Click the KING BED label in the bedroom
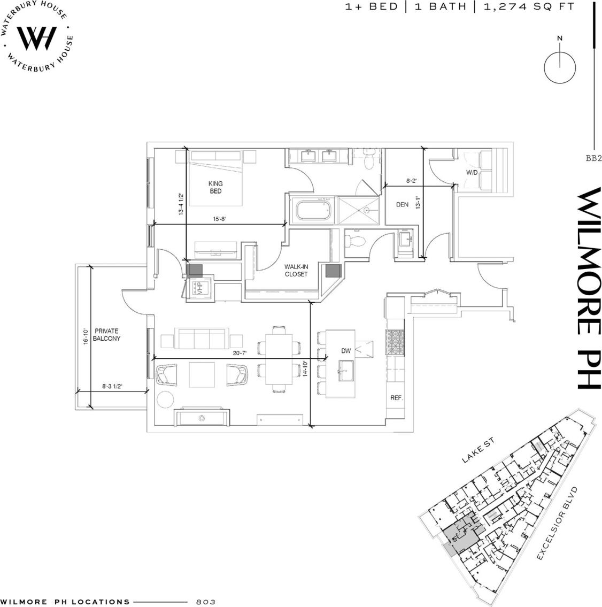pyautogui.click(x=215, y=187)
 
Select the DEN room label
pyautogui.click(x=402, y=204)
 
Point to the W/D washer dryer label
pyautogui.click(x=472, y=172)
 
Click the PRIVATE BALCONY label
pyautogui.click(x=107, y=335)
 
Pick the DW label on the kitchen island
pyautogui.click(x=346, y=351)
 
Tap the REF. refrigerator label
pyautogui.click(x=396, y=398)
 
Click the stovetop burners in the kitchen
pyautogui.click(x=396, y=341)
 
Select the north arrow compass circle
pyautogui.click(x=559, y=66)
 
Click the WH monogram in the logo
pyautogui.click(x=37, y=37)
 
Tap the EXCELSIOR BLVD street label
pyautogui.click(x=558, y=524)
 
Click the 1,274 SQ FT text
pyautogui.click(x=529, y=6)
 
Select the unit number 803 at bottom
pyautogui.click(x=205, y=602)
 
